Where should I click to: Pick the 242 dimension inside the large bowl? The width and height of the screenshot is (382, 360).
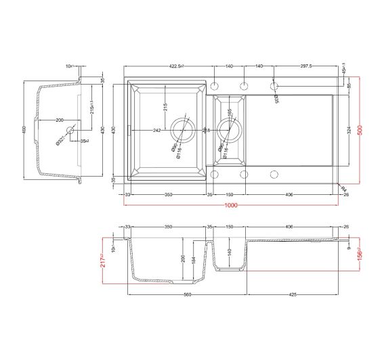156,130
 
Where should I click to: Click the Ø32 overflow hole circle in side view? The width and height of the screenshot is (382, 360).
68,129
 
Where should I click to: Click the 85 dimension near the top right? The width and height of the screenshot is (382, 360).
349,86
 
